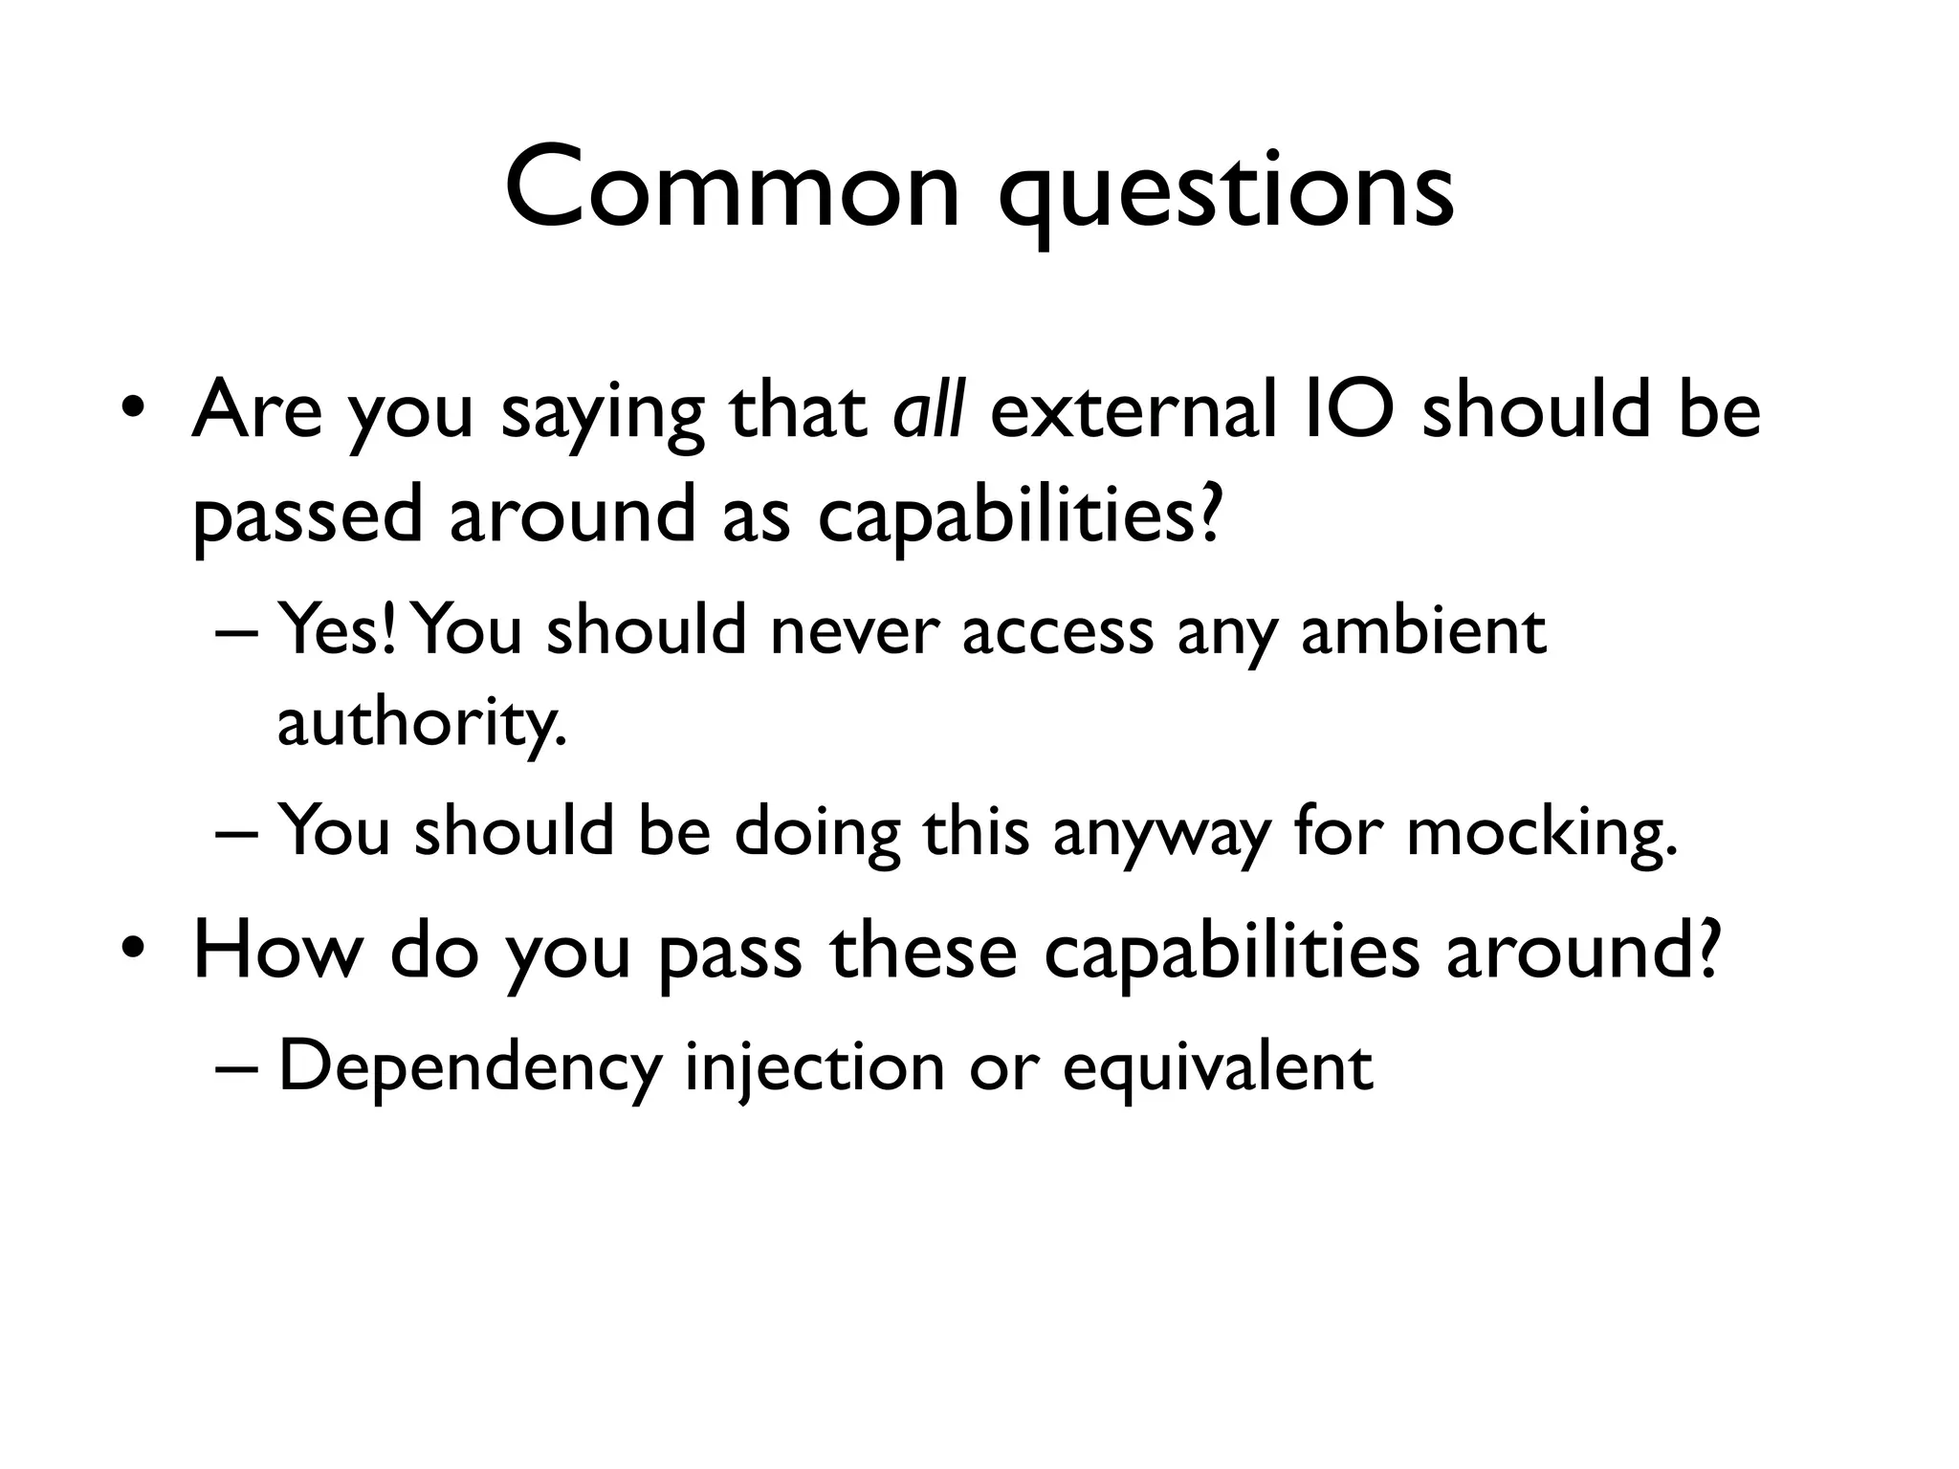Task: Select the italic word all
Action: [x=928, y=409]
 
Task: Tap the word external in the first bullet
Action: [x=1134, y=409]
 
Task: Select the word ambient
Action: [x=1422, y=631]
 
